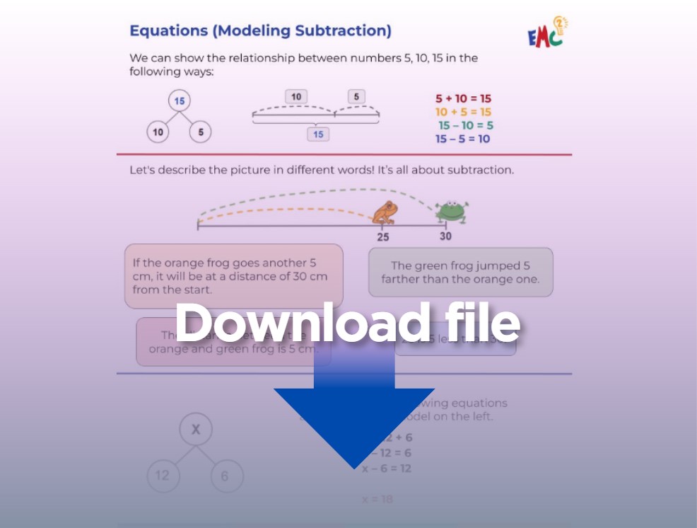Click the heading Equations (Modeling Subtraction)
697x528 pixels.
(x=260, y=30)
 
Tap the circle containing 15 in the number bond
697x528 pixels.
(x=180, y=101)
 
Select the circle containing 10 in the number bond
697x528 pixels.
(x=158, y=132)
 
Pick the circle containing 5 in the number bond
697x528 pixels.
(x=201, y=132)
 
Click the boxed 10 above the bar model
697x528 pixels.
(x=296, y=97)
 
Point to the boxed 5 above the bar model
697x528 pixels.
(x=356, y=97)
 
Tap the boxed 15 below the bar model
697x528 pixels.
(x=318, y=134)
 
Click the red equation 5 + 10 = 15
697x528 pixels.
(x=463, y=99)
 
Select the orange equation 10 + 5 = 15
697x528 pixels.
(x=463, y=112)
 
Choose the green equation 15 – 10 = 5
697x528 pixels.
(x=465, y=125)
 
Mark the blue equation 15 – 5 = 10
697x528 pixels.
(x=463, y=139)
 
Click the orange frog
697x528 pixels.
(x=385, y=212)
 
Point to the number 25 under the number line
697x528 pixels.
(x=382, y=237)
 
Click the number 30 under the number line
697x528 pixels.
(x=445, y=236)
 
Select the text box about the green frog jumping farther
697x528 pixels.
(x=460, y=272)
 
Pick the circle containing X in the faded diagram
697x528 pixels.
(x=196, y=429)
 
